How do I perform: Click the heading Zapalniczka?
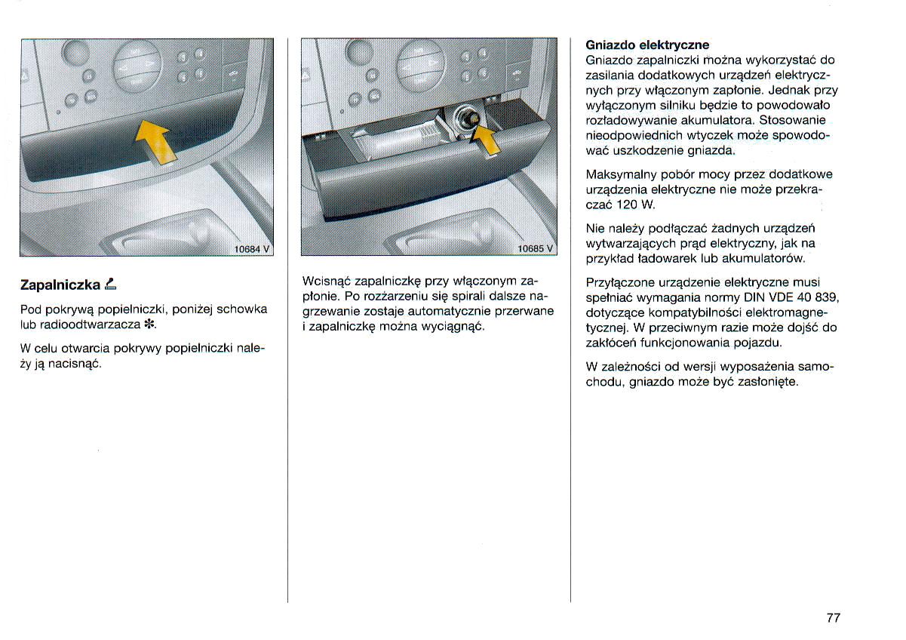coord(60,285)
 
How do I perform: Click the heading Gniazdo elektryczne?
coord(647,45)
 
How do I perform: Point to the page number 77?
coord(833,617)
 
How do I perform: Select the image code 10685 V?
coord(536,248)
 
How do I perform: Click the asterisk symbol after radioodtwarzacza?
coord(149,325)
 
